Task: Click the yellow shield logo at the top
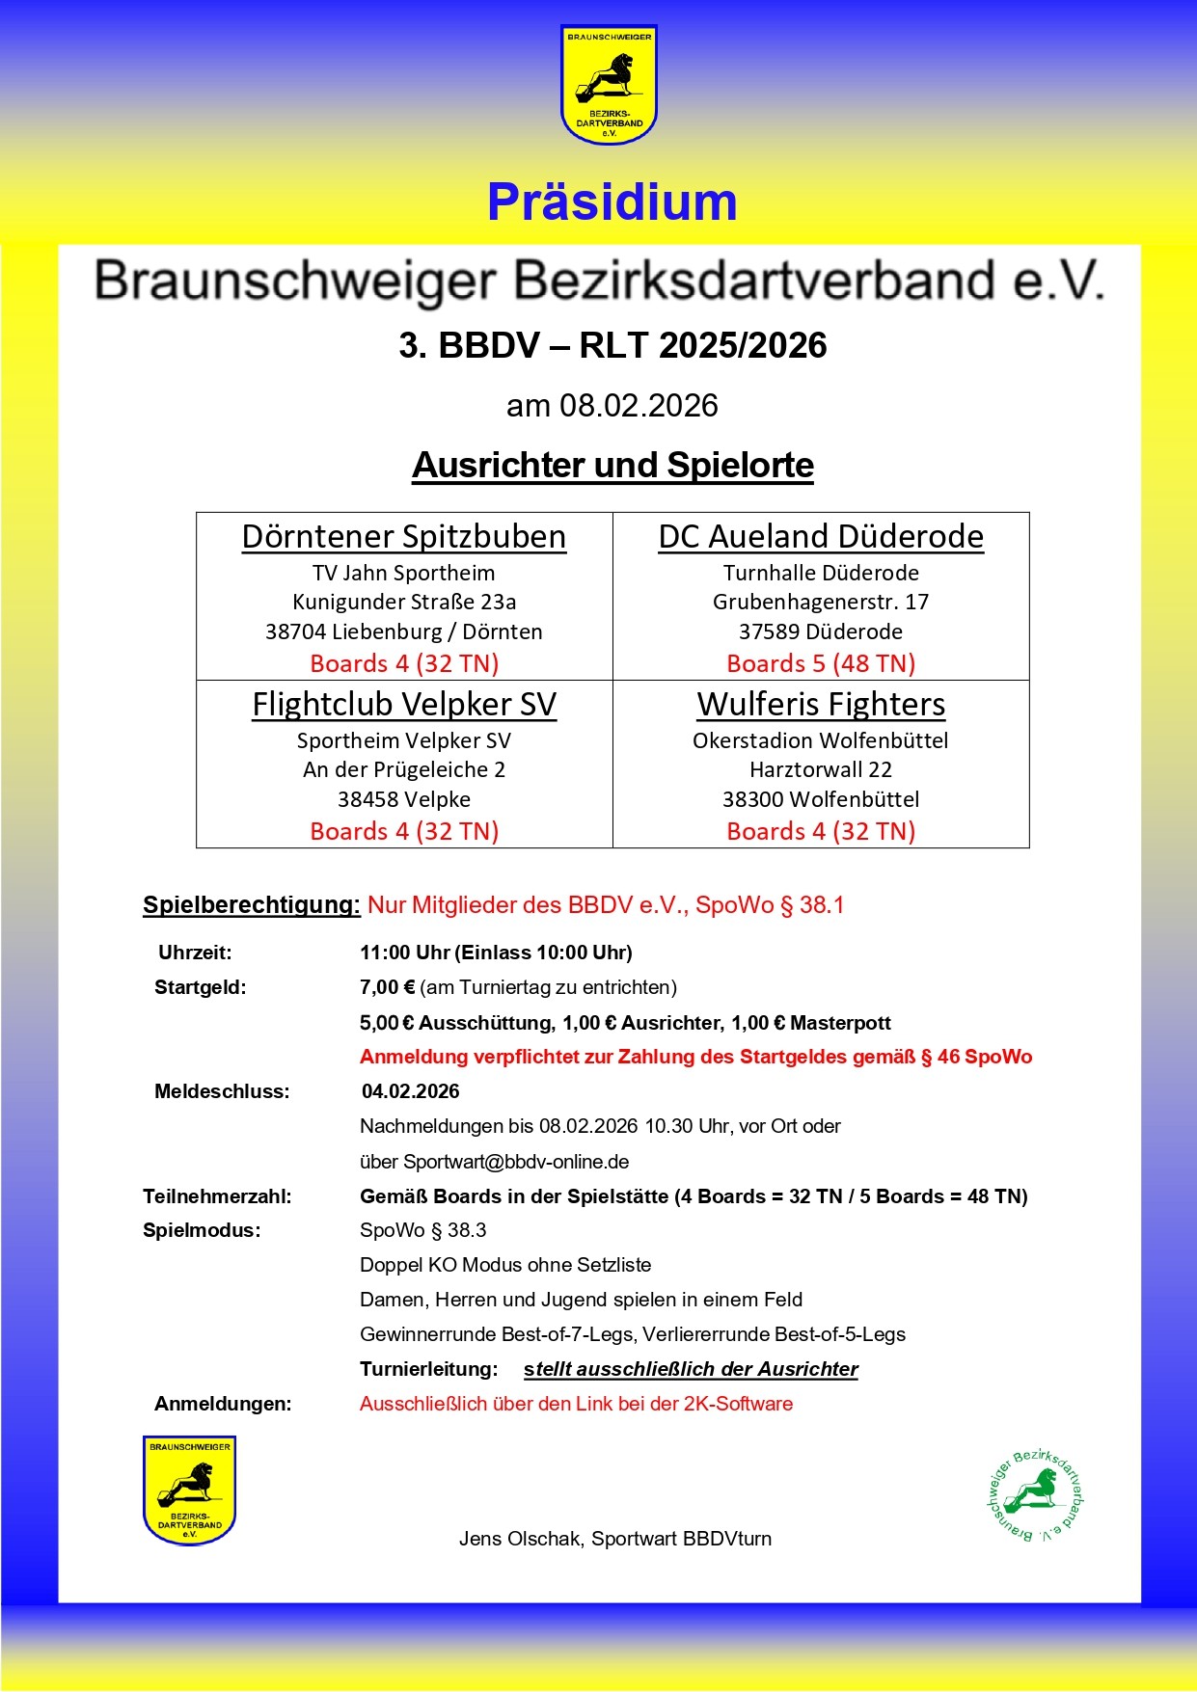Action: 609,85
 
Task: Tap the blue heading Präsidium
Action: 612,202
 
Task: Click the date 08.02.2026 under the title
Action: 639,406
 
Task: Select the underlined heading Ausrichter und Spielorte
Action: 612,465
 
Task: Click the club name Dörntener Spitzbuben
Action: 404,536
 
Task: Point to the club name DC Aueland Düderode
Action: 821,536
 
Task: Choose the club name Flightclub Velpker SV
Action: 404,704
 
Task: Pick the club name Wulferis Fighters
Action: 821,704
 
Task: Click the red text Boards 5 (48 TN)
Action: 821,663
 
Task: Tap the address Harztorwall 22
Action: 821,769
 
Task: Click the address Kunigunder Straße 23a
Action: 404,602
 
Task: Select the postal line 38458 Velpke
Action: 404,799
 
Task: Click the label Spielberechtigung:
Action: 251,904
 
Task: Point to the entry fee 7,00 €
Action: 387,987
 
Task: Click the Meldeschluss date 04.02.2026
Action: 411,1091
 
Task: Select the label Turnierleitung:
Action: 428,1369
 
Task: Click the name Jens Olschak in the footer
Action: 520,1539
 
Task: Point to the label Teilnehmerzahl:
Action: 217,1196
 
